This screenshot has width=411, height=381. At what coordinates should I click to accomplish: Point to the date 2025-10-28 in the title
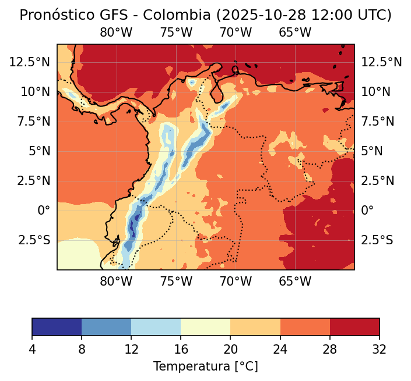coord(252,15)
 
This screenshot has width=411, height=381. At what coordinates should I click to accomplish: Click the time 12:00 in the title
coord(319,15)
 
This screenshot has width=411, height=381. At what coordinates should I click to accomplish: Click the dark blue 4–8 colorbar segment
coord(57,327)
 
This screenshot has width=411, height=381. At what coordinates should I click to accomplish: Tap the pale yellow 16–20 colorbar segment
coord(206,327)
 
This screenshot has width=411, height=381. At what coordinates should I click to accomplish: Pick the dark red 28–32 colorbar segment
coord(354,327)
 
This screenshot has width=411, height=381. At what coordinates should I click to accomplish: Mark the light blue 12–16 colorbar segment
coord(156,327)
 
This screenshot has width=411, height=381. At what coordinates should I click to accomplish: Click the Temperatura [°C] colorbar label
coord(205,366)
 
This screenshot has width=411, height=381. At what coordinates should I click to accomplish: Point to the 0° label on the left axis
coord(44,210)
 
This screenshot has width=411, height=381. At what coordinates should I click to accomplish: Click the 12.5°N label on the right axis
coord(382,62)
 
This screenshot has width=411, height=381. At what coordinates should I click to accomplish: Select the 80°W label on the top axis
coord(117,33)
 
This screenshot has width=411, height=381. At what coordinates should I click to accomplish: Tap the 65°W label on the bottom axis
coord(295,282)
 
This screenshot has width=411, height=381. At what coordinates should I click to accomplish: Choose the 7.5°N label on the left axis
coord(36,121)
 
